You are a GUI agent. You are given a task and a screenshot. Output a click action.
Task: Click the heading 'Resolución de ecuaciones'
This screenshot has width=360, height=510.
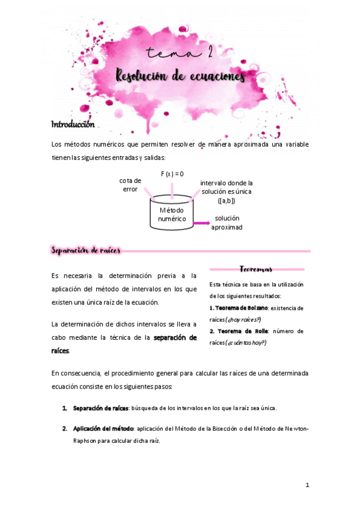click(180, 77)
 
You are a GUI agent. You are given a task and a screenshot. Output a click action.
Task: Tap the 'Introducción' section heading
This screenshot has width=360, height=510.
click(73, 124)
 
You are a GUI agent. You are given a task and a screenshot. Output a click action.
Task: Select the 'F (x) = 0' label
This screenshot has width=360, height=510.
click(172, 174)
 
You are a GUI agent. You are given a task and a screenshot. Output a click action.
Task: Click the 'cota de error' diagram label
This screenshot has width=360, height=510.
click(130, 185)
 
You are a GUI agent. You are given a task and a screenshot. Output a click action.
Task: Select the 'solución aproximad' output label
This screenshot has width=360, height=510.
click(227, 223)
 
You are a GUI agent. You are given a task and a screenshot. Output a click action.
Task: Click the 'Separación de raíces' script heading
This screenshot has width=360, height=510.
click(86, 250)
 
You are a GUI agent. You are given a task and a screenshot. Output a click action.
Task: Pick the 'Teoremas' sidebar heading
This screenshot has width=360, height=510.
click(256, 269)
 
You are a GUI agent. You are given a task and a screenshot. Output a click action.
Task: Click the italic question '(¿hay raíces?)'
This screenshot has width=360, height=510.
click(236, 319)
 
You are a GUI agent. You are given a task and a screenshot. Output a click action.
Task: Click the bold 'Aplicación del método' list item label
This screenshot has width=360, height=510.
click(103, 429)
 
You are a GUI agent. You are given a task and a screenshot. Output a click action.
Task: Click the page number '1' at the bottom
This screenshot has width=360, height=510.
click(307, 485)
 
